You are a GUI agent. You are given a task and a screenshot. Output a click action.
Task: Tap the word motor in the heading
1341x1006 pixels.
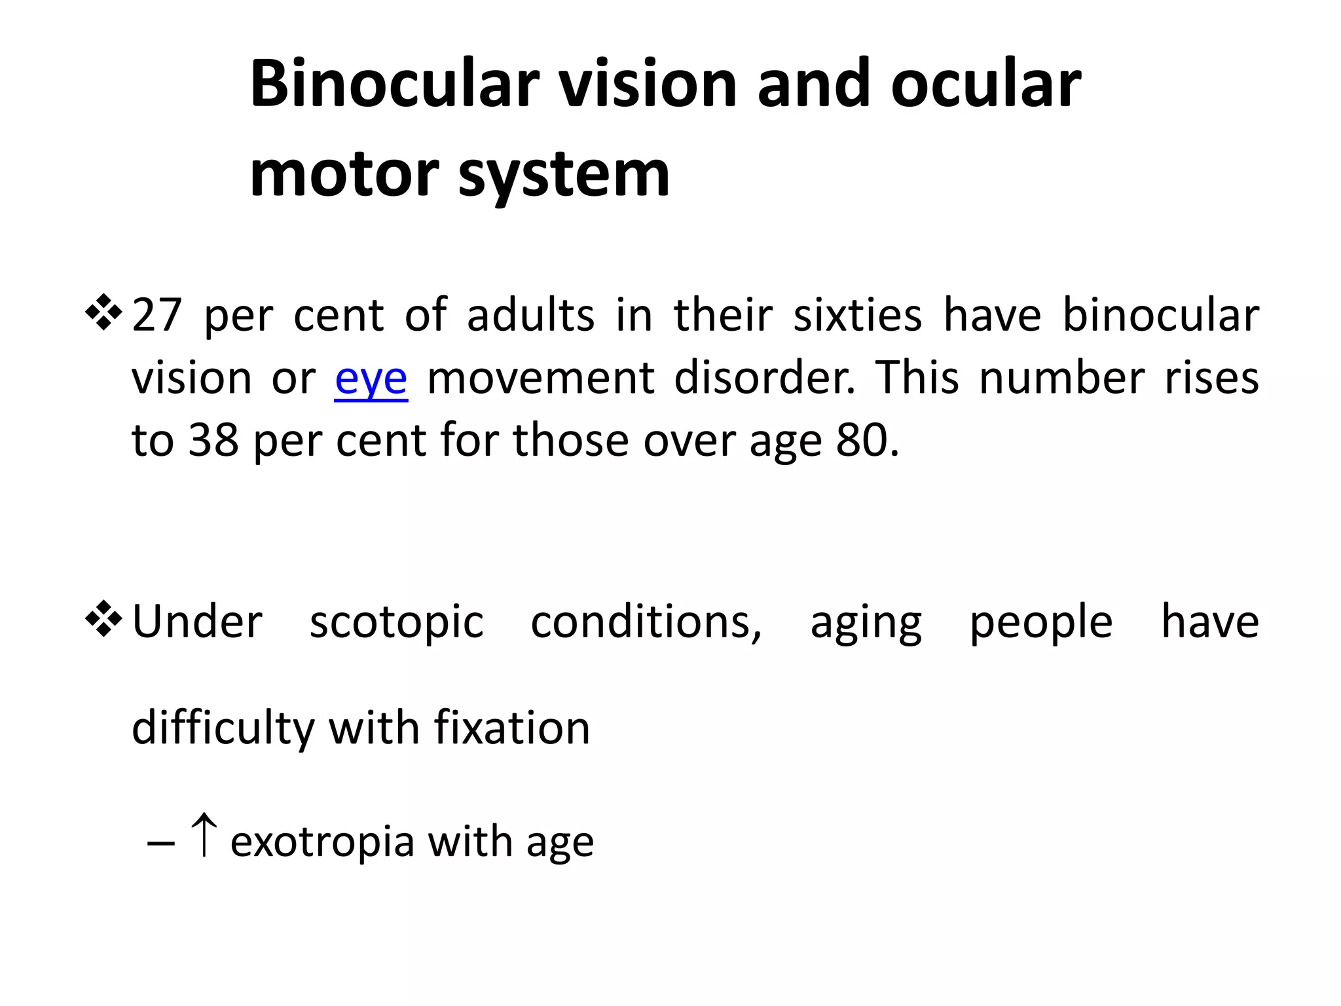[344, 174]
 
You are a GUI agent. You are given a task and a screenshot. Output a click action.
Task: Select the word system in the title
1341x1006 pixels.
[564, 176]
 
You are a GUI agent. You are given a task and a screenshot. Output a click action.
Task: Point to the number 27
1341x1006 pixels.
[156, 315]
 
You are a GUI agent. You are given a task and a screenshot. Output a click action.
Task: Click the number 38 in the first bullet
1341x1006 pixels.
[213, 440]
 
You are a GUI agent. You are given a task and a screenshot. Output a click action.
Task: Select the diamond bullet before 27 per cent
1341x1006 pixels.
[103, 312]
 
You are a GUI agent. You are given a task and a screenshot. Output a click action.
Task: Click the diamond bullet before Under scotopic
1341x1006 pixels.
[103, 619]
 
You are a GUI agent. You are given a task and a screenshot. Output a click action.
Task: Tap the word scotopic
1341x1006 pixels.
[397, 622]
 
